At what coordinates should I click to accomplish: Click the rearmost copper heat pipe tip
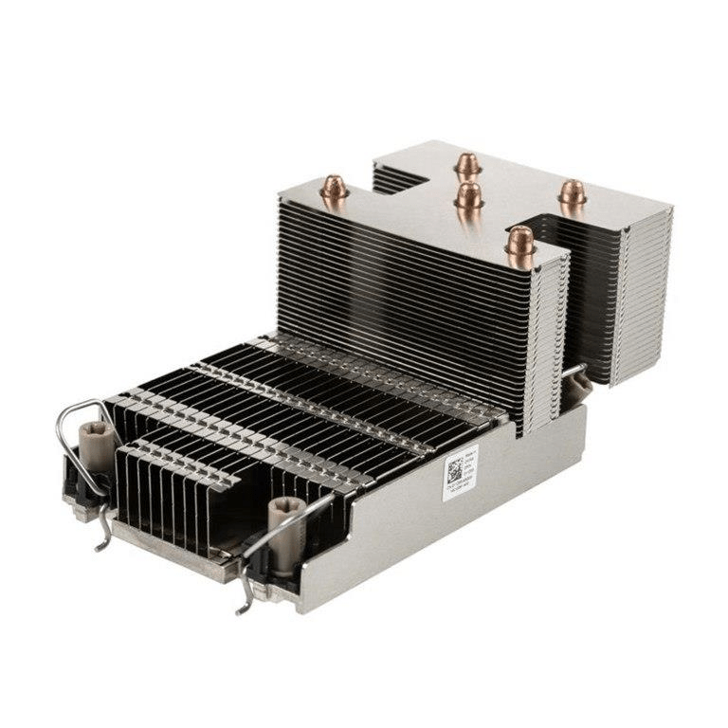coord(465,164)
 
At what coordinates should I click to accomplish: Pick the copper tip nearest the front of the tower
coord(520,242)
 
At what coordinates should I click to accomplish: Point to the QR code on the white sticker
coord(455,468)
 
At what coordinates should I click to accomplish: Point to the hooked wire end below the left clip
coord(104,540)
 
